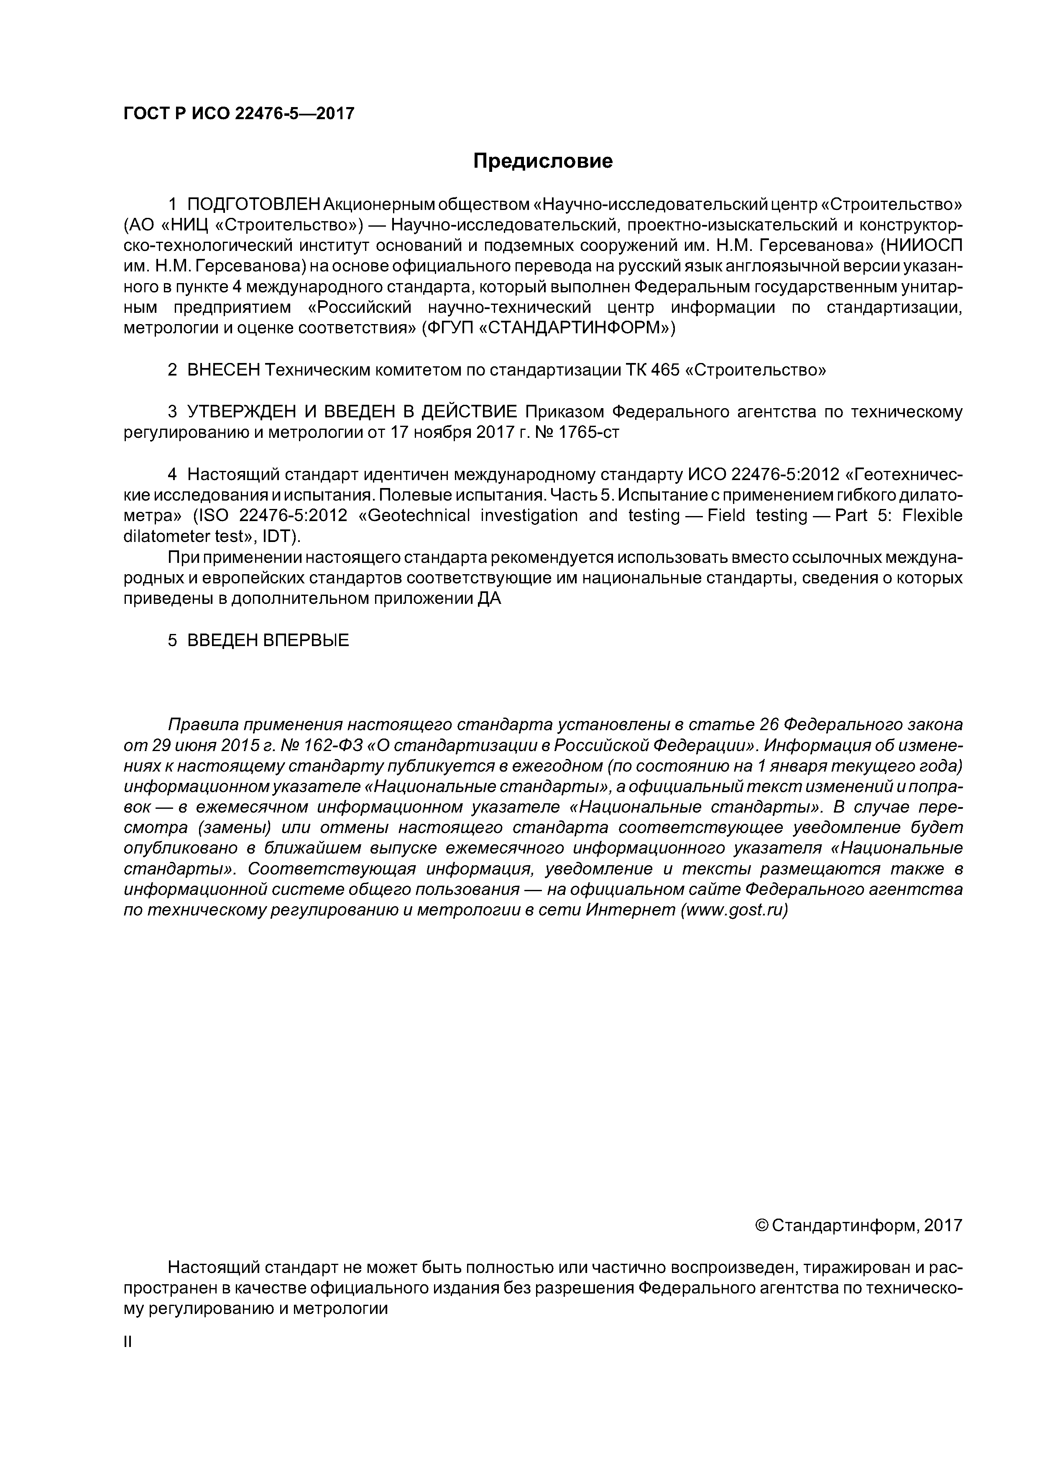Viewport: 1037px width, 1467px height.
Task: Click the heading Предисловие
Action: pos(542,161)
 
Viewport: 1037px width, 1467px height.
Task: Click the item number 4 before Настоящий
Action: pos(172,474)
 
